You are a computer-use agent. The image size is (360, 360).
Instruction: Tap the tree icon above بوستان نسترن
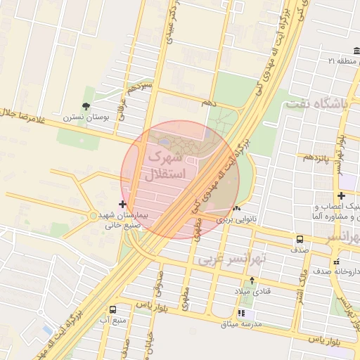pyautogui.click(x=86, y=107)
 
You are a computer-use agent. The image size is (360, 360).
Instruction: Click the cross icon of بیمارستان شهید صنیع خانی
pyautogui.click(x=123, y=203)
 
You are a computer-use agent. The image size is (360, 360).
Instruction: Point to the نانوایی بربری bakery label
pyautogui.click(x=236, y=219)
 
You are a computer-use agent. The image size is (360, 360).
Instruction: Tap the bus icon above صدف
pyautogui.click(x=300, y=239)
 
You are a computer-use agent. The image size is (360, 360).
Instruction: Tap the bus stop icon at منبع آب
pyautogui.click(x=113, y=309)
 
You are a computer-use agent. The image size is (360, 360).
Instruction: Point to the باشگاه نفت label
pyautogui.click(x=316, y=105)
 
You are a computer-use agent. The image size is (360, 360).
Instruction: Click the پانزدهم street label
pyautogui.click(x=316, y=157)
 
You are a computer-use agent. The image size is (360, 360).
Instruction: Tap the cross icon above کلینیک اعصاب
pyautogui.click(x=341, y=195)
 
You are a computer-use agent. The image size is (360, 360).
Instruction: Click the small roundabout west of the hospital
pyautogui.click(x=93, y=215)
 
